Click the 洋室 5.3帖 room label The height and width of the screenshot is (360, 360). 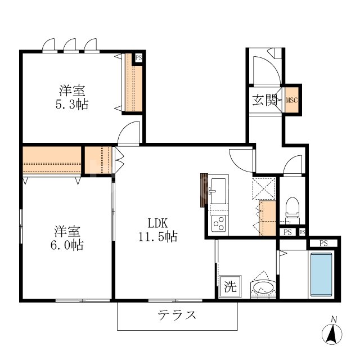[x=74, y=97]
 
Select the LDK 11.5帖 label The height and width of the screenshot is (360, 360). [x=158, y=229]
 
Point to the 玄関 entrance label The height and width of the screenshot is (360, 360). [x=264, y=101]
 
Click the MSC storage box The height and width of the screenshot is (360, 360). [x=291, y=101]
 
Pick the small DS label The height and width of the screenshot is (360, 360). [x=302, y=232]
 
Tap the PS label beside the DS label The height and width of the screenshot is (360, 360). [x=287, y=232]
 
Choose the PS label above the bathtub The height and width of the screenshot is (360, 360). [x=323, y=243]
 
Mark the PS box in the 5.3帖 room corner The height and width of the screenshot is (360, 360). [x=138, y=57]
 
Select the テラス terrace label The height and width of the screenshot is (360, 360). [x=177, y=315]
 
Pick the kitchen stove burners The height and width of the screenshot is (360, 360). [x=218, y=223]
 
